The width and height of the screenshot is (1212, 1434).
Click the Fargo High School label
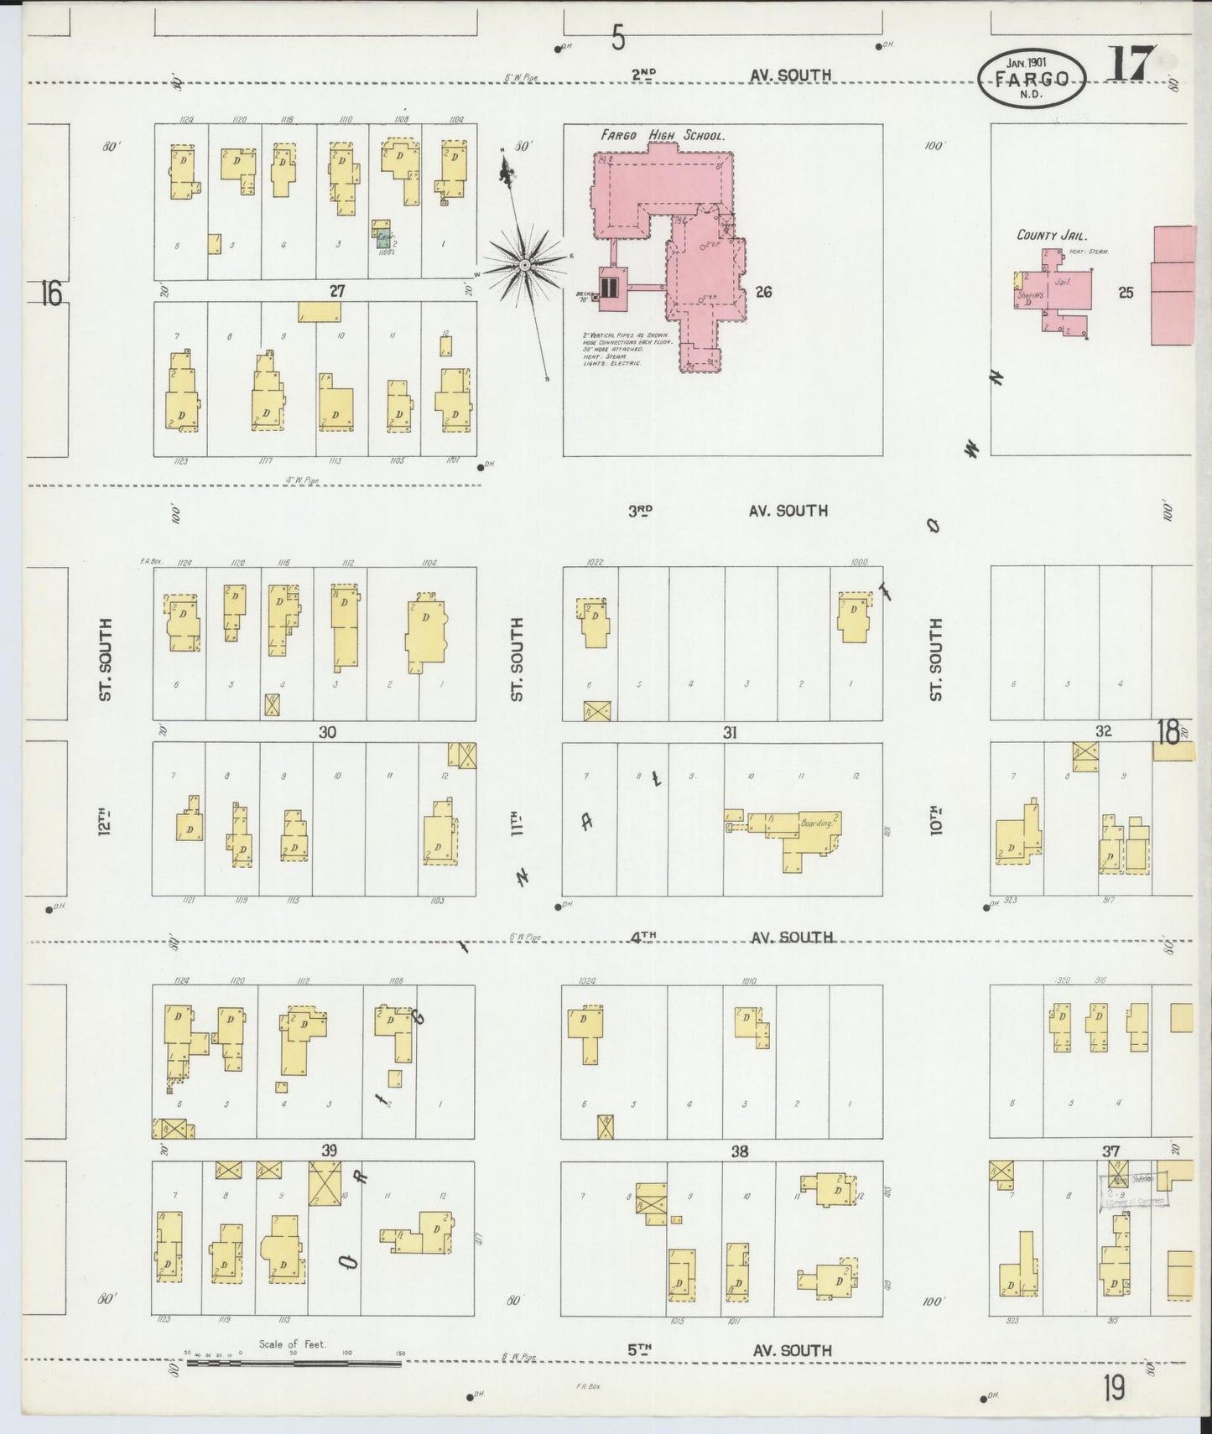(x=662, y=135)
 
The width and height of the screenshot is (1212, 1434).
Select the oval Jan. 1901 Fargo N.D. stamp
(x=1032, y=78)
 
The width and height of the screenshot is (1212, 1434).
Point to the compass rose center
(x=524, y=265)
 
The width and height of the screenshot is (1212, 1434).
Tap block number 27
(x=336, y=291)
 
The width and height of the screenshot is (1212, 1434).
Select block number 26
(x=762, y=292)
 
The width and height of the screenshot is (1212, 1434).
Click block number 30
(x=327, y=732)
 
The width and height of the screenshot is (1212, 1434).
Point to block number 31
(x=730, y=733)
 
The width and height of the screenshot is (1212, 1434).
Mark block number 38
(x=739, y=1151)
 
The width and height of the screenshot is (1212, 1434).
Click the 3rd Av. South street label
(x=730, y=510)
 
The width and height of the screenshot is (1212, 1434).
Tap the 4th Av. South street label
(x=730, y=937)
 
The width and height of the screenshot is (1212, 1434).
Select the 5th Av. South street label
(x=730, y=1350)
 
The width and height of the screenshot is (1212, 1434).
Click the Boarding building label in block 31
(x=817, y=824)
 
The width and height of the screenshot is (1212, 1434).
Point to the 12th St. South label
(x=105, y=738)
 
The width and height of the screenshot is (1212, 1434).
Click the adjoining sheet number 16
(x=50, y=294)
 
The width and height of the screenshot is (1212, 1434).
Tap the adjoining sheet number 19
(x=1114, y=1389)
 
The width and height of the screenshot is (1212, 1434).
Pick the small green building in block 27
(x=383, y=238)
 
